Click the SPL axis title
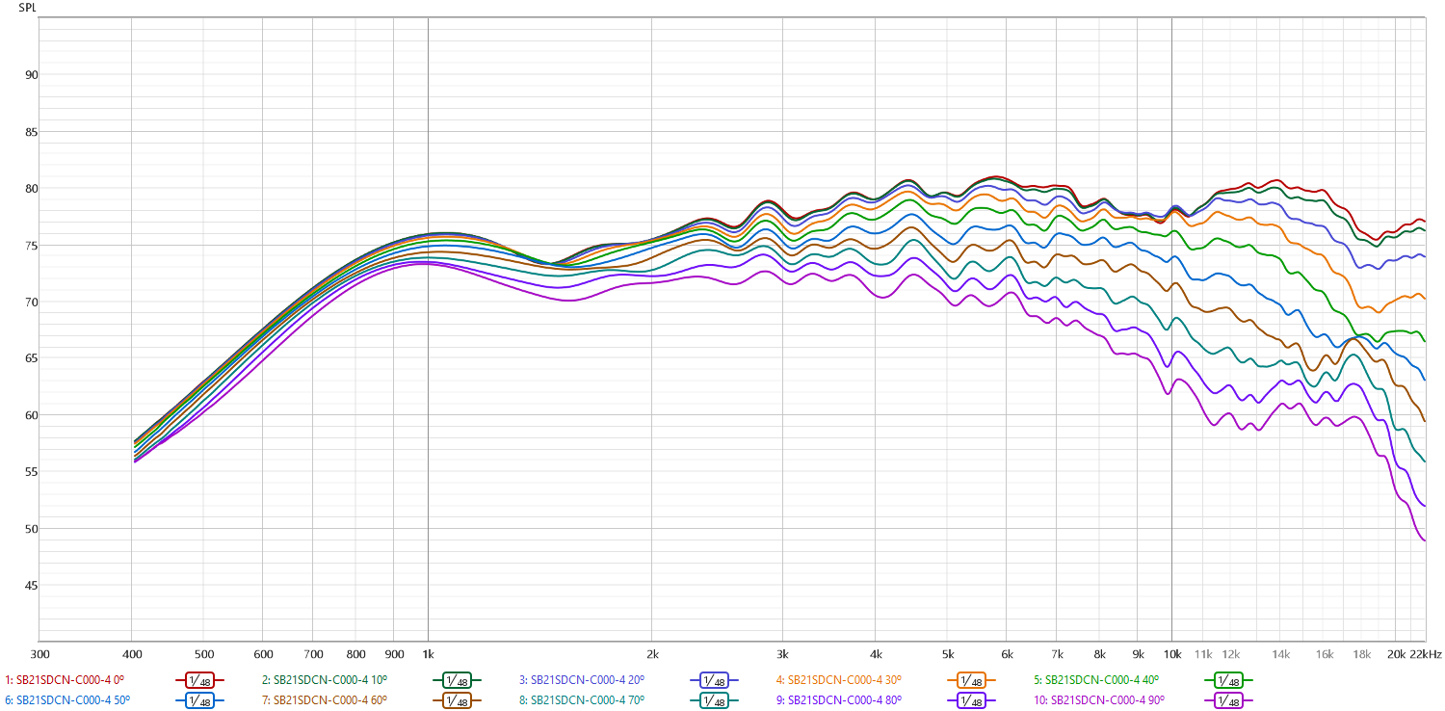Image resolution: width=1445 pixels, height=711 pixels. (27, 8)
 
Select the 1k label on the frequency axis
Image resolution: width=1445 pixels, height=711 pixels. (428, 654)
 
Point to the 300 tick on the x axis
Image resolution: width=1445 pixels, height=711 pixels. (39, 654)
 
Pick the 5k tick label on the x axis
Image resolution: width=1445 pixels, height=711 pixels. (949, 654)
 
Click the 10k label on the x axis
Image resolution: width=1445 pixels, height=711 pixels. (1171, 654)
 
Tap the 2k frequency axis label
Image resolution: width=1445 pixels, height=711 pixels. (651, 654)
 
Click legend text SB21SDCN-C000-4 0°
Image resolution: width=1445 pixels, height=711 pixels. (65, 680)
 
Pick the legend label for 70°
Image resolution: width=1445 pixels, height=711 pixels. (587, 699)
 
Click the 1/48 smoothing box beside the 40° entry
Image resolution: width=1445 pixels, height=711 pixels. (1228, 680)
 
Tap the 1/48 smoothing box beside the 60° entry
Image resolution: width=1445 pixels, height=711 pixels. (457, 699)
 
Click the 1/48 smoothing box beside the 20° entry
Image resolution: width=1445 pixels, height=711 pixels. (714, 680)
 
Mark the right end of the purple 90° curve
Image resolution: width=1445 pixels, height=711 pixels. (1425, 540)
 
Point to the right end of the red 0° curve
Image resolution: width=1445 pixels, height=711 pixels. (1425, 222)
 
